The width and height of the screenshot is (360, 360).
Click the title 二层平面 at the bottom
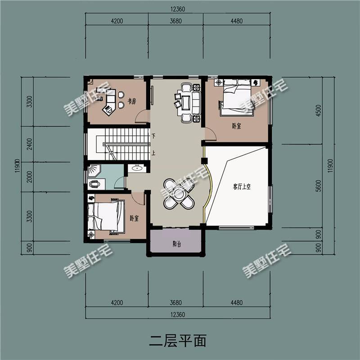click(x=178, y=341)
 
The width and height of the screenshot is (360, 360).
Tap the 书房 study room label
click(x=132, y=101)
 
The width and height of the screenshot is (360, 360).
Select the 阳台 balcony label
click(x=176, y=244)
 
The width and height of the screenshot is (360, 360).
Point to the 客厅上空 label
click(x=242, y=187)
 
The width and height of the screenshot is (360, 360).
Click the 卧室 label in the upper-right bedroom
click(x=236, y=126)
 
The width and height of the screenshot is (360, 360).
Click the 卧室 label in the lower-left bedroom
click(x=134, y=218)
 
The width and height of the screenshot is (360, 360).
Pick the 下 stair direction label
click(x=153, y=136)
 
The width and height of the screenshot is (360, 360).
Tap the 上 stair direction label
click(x=153, y=153)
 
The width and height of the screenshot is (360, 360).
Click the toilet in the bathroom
click(x=94, y=184)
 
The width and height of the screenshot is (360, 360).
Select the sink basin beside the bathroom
click(x=137, y=168)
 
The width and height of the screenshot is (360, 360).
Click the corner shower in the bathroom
click(x=94, y=170)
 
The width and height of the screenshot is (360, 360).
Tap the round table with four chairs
click(x=179, y=194)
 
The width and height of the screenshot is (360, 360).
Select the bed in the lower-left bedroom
click(x=107, y=216)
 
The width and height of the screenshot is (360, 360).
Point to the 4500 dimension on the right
click(x=318, y=111)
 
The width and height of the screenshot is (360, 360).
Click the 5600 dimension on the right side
click(x=318, y=186)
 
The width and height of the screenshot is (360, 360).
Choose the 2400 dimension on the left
click(x=30, y=144)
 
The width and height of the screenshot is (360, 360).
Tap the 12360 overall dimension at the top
click(x=178, y=9)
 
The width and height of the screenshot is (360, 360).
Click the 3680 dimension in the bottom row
click(x=175, y=302)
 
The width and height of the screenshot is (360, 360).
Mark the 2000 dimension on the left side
click(x=30, y=177)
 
